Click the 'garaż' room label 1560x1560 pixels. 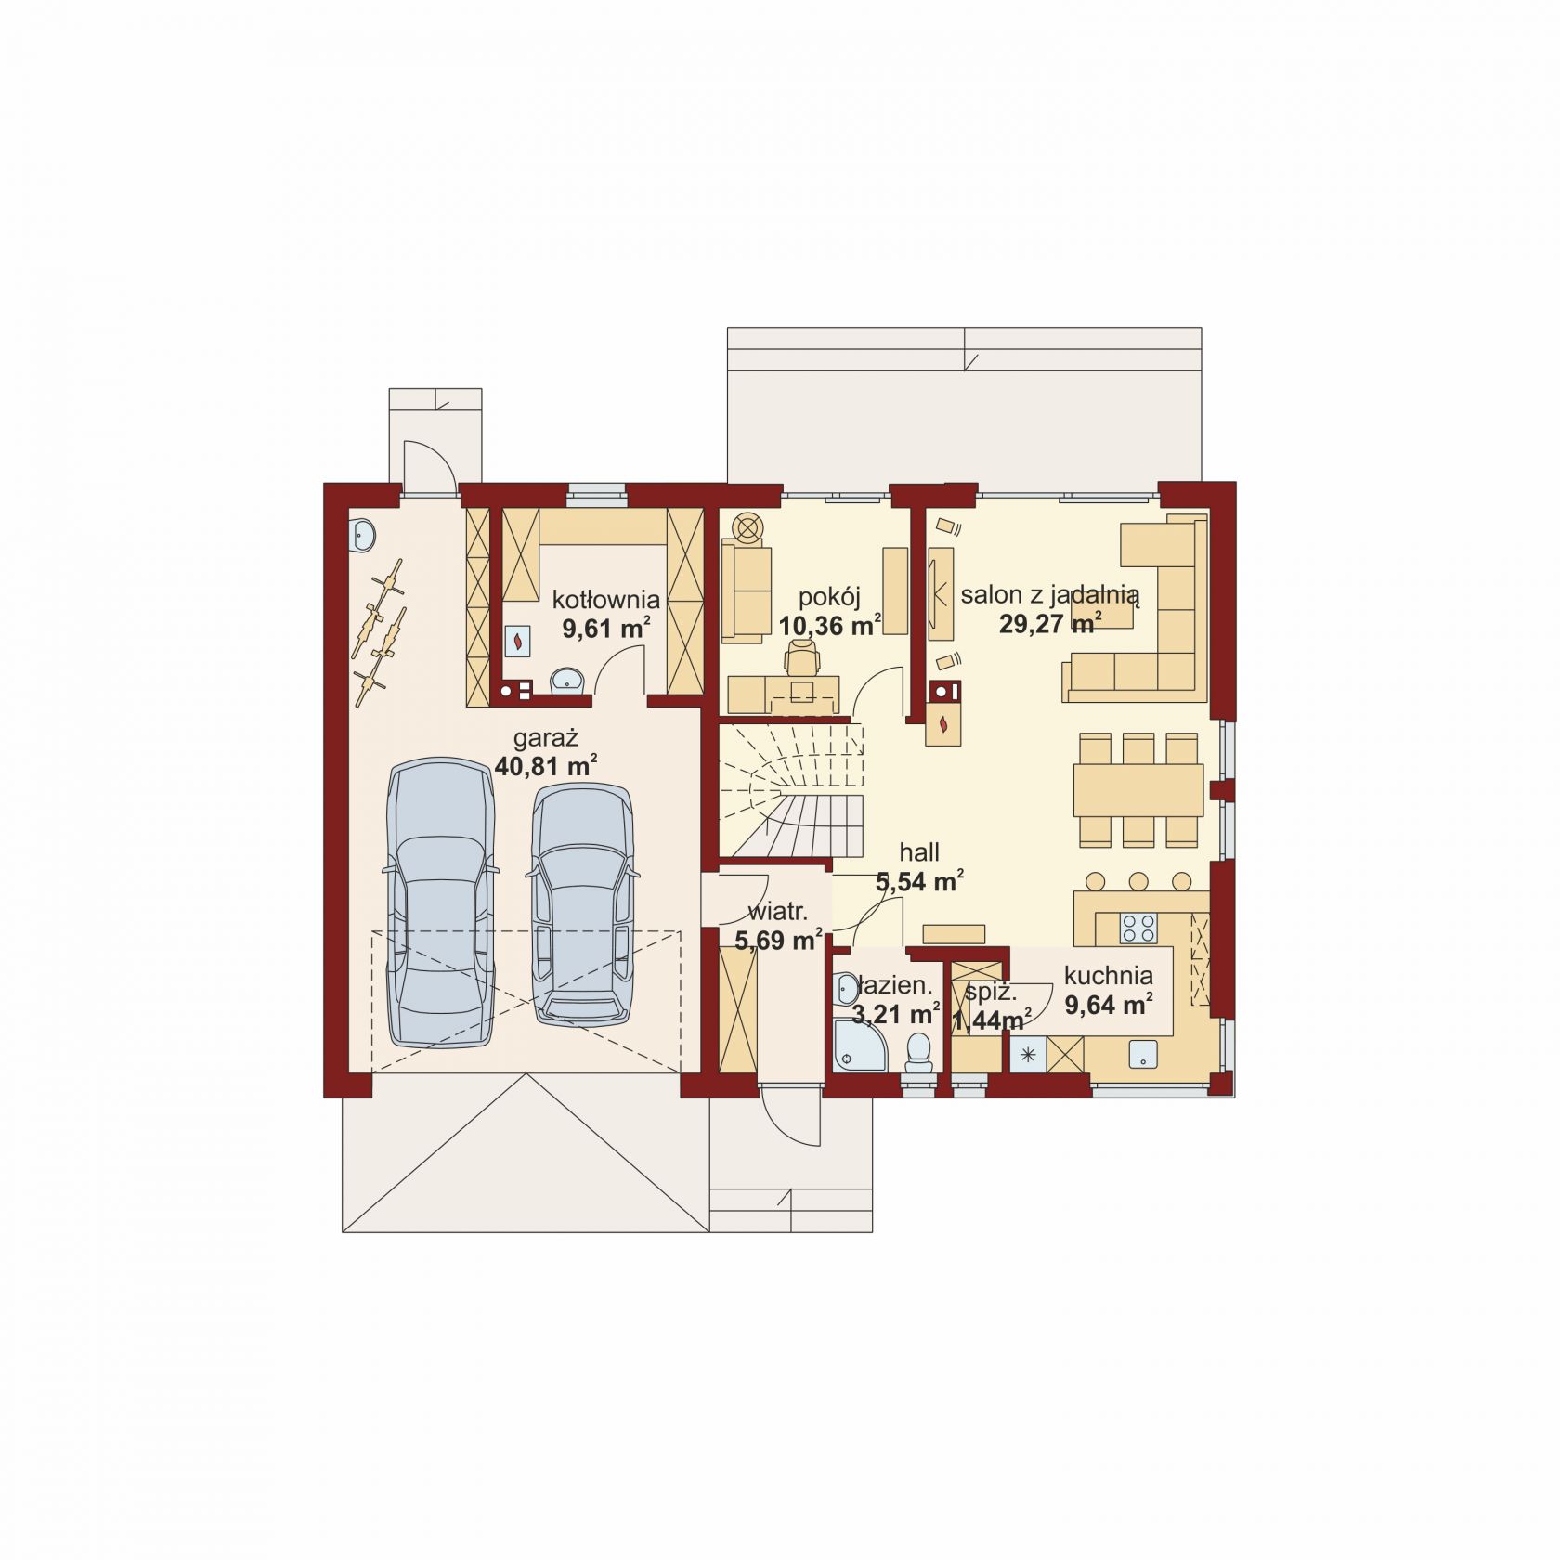547,739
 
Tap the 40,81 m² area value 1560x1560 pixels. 546,767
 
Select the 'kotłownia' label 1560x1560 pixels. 605,599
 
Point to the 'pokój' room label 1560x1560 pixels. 829,597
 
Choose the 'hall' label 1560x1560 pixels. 919,851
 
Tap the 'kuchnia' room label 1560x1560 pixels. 1109,976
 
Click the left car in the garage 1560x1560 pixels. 439,903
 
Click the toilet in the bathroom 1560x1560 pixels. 918,1054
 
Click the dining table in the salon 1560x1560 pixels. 1138,789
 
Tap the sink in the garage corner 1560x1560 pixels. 363,534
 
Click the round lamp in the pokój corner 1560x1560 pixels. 748,527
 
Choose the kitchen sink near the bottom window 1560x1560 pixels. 1143,1053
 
